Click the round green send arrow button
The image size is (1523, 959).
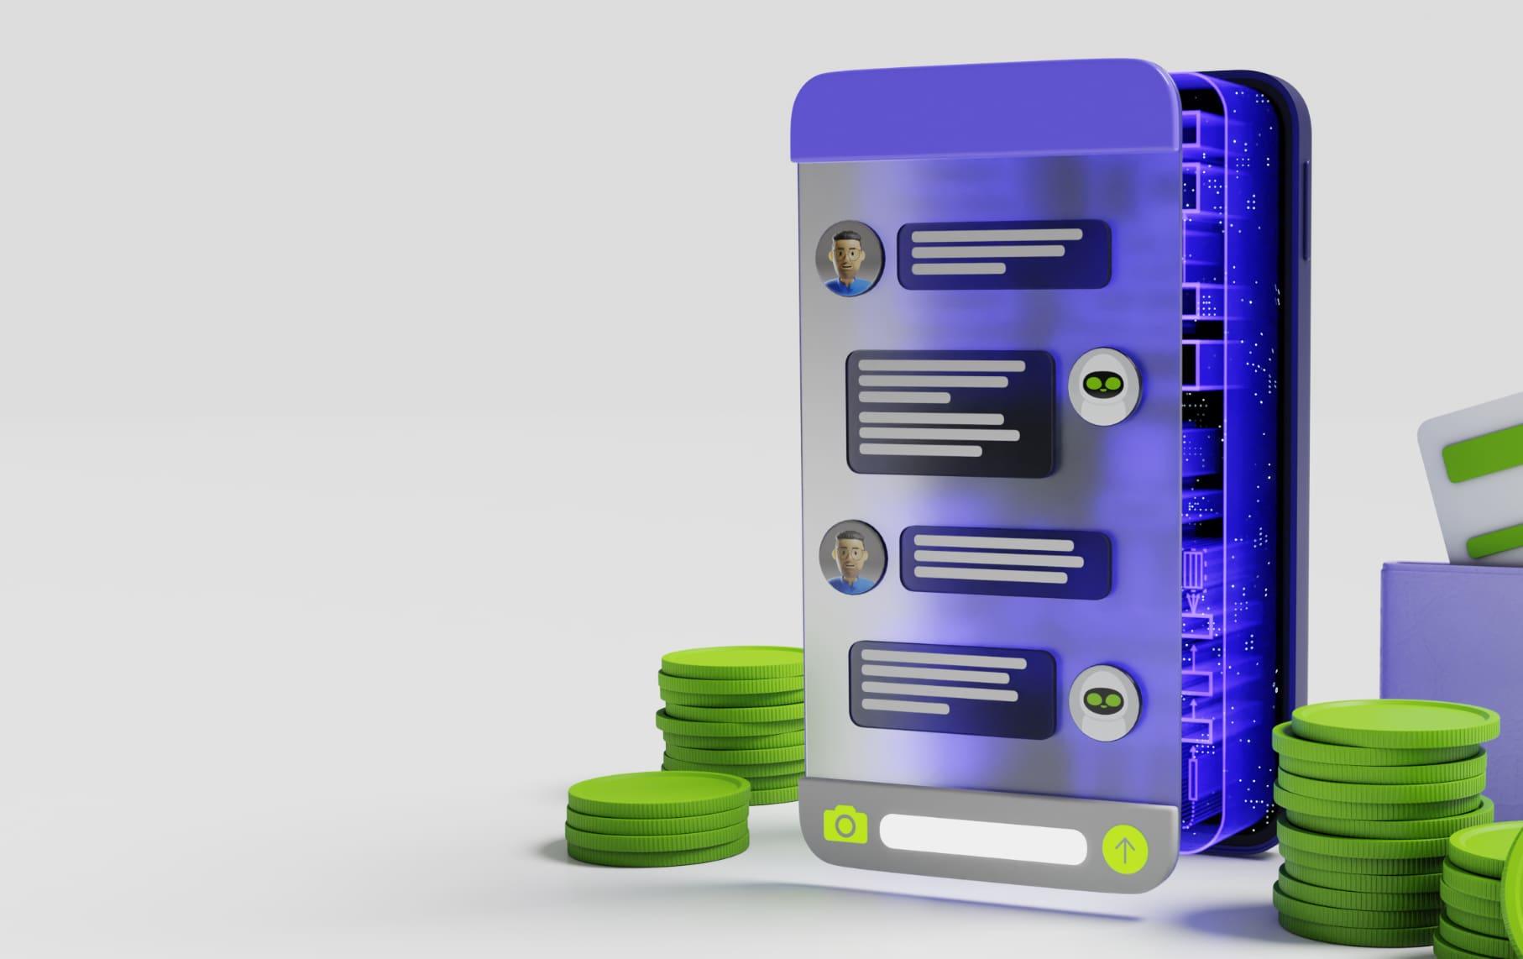[1124, 850]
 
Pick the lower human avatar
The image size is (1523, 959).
[853, 557]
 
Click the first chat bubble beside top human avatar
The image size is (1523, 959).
[1004, 254]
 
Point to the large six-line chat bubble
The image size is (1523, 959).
[950, 412]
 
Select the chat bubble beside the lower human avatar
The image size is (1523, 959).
[1005, 562]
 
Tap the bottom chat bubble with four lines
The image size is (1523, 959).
[952, 688]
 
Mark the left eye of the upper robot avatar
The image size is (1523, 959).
[1093, 385]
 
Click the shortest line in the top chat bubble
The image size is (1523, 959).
[958, 268]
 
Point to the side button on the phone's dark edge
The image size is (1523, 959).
[1306, 210]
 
